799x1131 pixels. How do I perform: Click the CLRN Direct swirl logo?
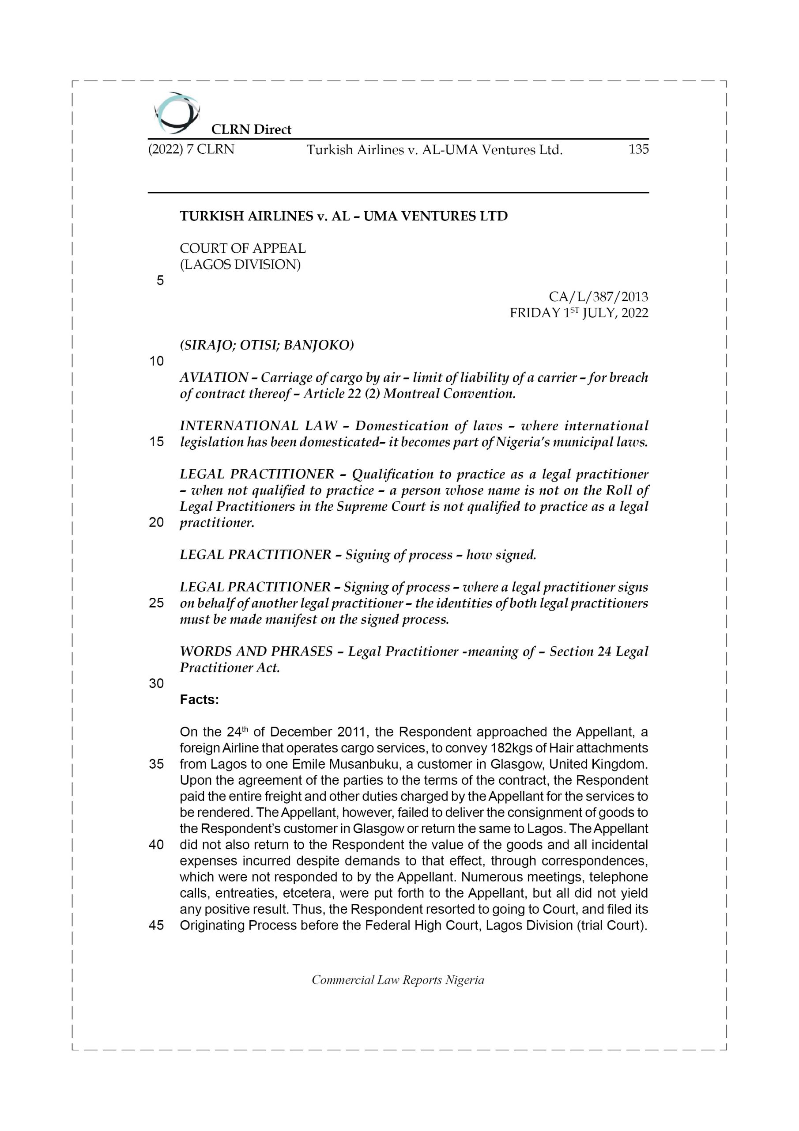(x=176, y=113)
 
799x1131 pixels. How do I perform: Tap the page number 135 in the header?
(x=638, y=149)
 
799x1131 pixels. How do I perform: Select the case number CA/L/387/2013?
(x=598, y=297)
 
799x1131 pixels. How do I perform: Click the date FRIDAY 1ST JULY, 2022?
(x=578, y=313)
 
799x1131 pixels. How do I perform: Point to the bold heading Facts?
(x=200, y=699)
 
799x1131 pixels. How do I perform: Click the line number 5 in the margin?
(x=160, y=281)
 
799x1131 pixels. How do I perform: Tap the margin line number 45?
(x=157, y=925)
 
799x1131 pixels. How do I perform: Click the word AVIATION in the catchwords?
(x=214, y=378)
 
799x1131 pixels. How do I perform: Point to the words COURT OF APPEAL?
(x=243, y=248)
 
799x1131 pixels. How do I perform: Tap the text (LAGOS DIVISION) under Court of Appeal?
(x=240, y=265)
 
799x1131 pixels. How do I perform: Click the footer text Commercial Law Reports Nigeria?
(x=398, y=980)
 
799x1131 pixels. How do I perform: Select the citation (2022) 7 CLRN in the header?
(x=191, y=149)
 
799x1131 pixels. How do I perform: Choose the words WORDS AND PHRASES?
(x=256, y=651)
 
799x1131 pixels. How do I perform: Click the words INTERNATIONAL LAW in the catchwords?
(x=258, y=425)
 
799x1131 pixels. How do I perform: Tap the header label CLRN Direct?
(x=251, y=129)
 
